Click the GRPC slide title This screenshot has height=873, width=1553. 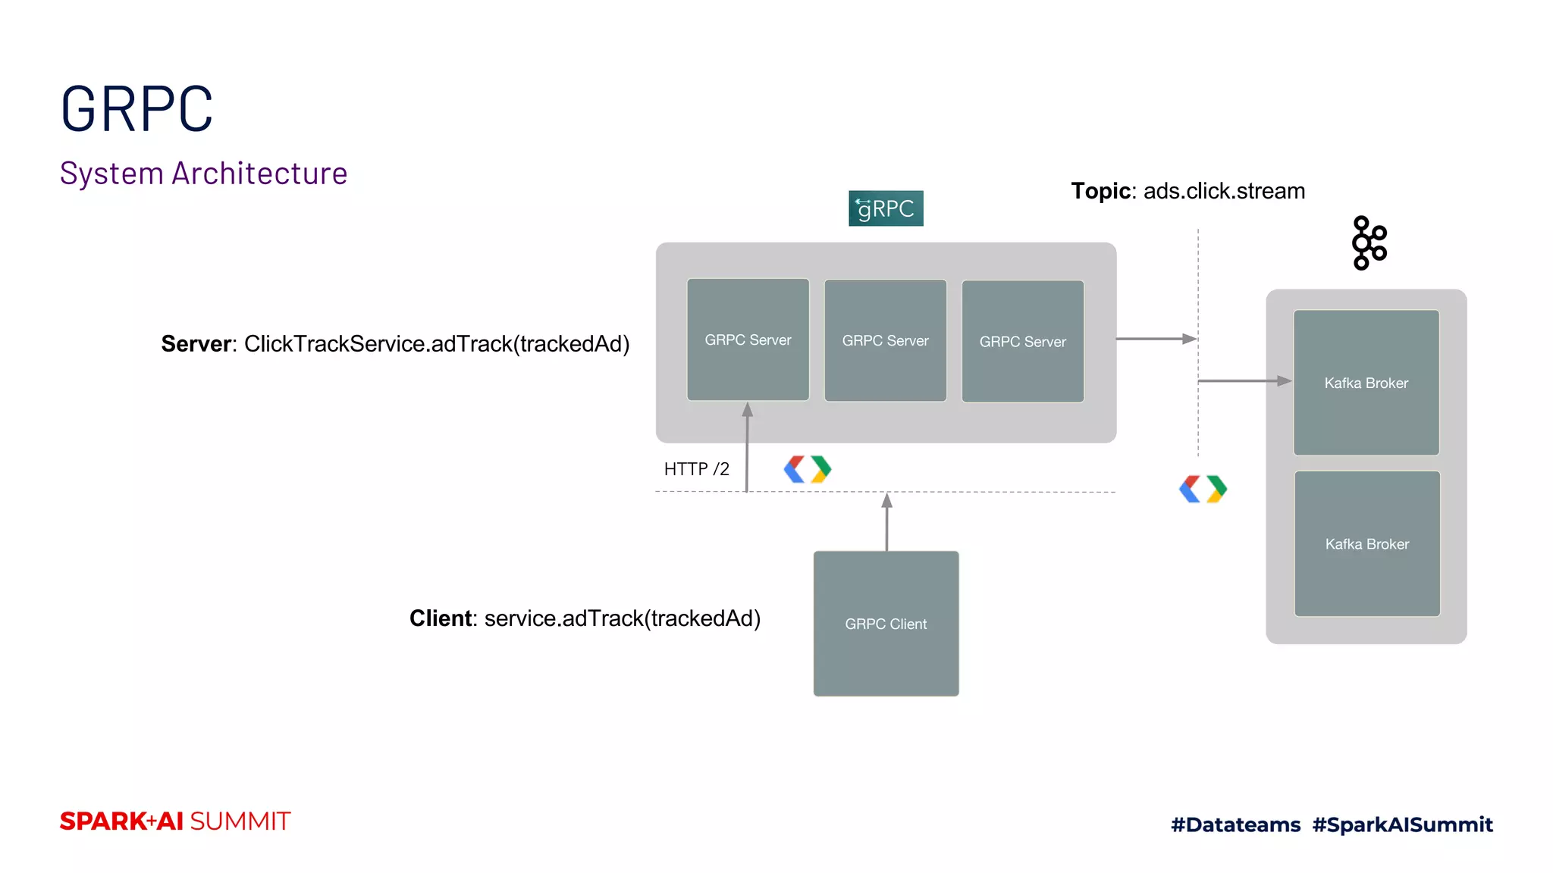[136, 110]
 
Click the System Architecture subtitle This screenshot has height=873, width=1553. [203, 174]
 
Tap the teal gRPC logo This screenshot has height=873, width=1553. [886, 208]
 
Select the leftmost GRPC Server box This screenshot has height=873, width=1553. [748, 339]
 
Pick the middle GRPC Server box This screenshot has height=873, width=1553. [885, 340]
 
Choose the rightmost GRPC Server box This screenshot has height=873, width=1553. [1022, 341]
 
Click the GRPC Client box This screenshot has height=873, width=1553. [886, 623]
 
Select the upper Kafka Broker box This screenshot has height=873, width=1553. [1366, 383]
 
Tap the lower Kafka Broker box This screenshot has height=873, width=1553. [1366, 543]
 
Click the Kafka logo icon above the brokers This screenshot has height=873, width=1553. [1369, 243]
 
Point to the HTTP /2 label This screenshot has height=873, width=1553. [696, 469]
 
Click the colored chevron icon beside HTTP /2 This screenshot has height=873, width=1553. [807, 469]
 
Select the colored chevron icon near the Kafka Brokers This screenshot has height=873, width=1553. [1203, 489]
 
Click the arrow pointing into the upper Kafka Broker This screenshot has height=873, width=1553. [1244, 380]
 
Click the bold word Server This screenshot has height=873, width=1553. [196, 344]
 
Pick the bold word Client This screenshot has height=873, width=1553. [441, 618]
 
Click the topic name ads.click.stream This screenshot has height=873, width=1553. [1224, 191]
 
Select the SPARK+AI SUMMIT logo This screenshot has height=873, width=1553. [175, 821]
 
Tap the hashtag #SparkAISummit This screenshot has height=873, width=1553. [1402, 824]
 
